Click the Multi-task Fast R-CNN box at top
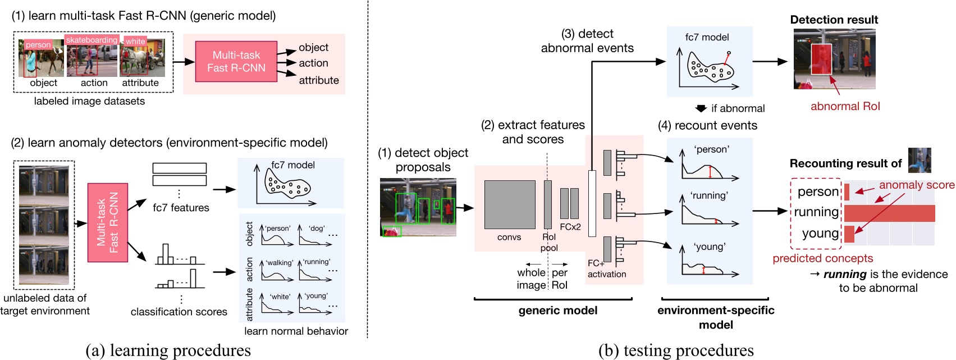coord(236,62)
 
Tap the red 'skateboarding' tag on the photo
coord(92,40)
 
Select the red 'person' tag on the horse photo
coord(38,45)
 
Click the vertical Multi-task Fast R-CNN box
coord(107,222)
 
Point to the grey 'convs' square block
coord(509,204)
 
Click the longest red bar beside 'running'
coord(889,213)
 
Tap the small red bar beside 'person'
coord(847,192)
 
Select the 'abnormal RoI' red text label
coord(845,106)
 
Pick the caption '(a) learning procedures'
coord(168,350)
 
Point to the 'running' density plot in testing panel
coord(709,214)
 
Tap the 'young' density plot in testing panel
coord(709,264)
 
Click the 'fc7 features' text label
coord(181,208)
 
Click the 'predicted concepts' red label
coord(822,258)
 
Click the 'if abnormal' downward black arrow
coord(701,108)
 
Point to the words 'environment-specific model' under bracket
coord(716,317)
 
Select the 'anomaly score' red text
coord(916,185)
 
